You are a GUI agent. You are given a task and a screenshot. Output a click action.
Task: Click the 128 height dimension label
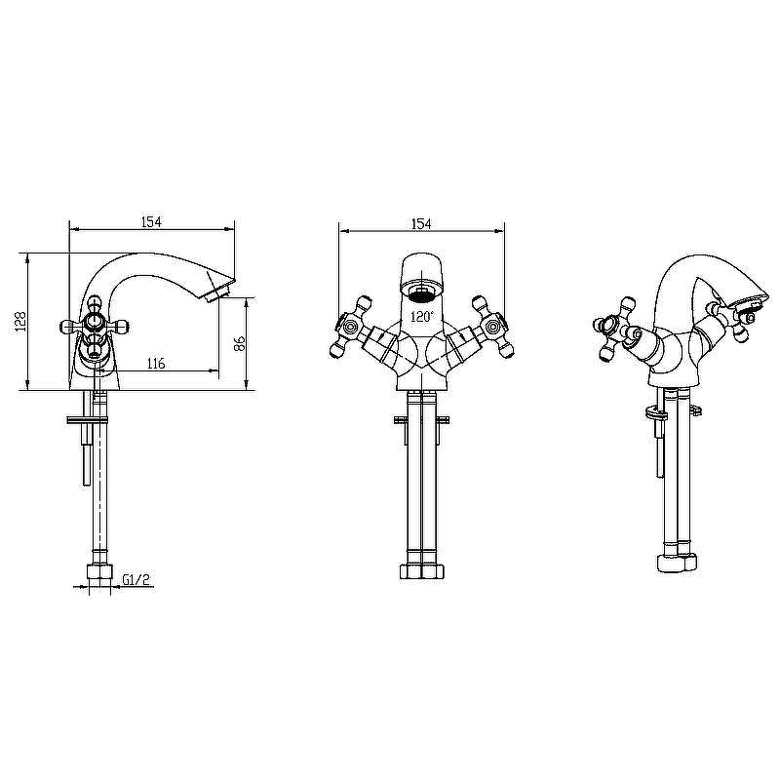20,322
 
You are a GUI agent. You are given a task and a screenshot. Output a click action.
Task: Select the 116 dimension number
156,364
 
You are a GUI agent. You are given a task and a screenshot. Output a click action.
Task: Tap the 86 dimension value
240,344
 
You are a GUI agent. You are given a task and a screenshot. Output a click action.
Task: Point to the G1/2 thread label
136,579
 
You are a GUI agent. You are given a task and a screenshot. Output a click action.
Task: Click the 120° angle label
422,316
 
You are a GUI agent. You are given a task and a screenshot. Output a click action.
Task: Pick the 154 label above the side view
151,222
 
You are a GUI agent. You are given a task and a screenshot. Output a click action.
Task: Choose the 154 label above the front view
421,224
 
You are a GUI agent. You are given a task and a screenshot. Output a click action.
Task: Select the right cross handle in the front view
492,327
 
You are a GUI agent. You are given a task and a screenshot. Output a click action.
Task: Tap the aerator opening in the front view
421,295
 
